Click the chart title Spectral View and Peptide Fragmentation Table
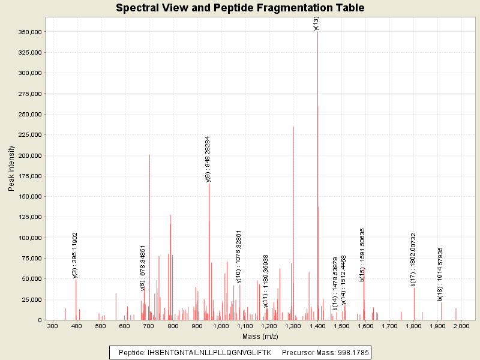point(240,8)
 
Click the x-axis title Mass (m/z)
point(260,337)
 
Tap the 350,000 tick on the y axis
point(28,32)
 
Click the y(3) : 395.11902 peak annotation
point(75,255)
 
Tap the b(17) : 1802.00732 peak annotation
point(413,259)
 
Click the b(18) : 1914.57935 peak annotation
point(440,274)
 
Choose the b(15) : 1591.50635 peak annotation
point(362,254)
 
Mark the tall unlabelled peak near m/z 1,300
point(293,222)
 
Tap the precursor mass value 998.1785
point(350,352)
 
